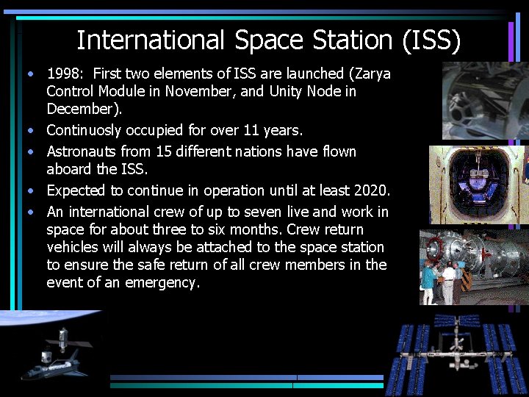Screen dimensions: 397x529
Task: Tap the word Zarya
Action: point(370,74)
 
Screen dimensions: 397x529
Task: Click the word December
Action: point(82,110)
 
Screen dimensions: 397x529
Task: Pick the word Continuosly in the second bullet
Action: point(89,131)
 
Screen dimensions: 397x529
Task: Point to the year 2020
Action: point(370,190)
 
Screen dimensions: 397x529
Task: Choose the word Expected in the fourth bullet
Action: point(76,190)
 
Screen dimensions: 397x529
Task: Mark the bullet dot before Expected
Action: point(30,191)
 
